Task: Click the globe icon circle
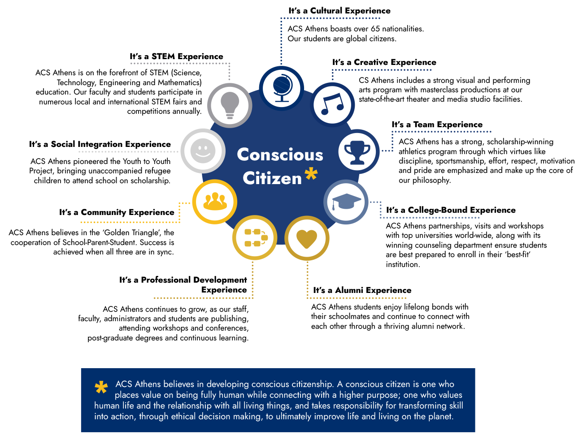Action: (281, 88)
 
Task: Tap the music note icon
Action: (332, 104)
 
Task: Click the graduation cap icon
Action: (346, 202)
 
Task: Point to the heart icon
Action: (306, 239)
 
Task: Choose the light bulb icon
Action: (230, 105)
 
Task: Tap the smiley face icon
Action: (203, 151)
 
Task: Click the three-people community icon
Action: (215, 201)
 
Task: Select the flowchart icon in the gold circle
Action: (256, 237)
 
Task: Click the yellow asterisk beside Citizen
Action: (311, 174)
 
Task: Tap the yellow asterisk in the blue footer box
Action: (101, 387)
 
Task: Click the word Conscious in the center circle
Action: (280, 155)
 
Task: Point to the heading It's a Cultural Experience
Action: (339, 11)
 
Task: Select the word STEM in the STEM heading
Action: (163, 56)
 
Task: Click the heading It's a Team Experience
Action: (437, 125)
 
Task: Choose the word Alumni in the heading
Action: (349, 290)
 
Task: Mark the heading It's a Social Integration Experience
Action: (100, 144)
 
